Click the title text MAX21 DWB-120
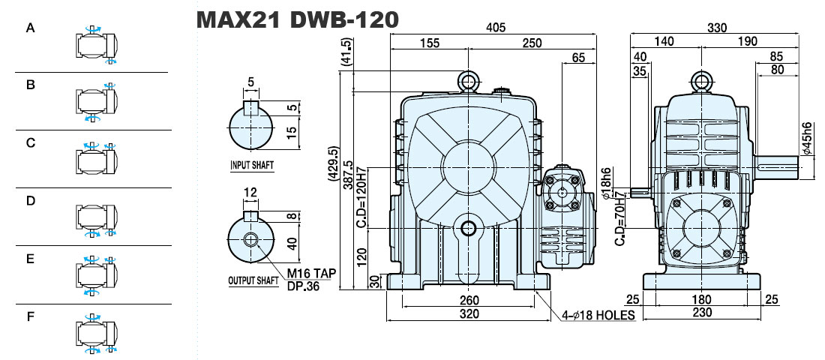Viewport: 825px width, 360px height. [297, 19]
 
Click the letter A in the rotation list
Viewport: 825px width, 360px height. [31, 28]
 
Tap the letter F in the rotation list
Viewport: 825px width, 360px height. [31, 316]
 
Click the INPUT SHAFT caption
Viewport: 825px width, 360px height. [252, 165]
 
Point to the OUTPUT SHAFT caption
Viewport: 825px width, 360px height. [253, 280]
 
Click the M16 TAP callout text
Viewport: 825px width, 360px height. [311, 274]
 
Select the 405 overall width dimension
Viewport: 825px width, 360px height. [494, 27]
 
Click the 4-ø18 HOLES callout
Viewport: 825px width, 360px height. [598, 315]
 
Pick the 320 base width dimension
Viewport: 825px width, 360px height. [469, 313]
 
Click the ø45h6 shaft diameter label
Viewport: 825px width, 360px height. [806, 138]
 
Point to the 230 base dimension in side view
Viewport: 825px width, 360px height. [702, 313]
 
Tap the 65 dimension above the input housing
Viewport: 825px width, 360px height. [578, 57]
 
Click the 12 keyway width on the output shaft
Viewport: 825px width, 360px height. [250, 193]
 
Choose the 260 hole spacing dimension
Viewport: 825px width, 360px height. [469, 301]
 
